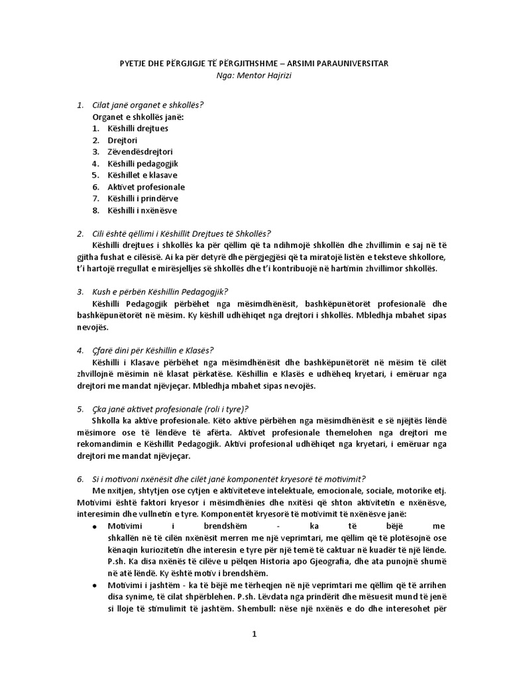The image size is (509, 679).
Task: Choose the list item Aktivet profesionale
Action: pos(146,187)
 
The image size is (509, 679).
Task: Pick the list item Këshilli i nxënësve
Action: pos(143,210)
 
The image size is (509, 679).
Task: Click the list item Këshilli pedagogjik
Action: pos(143,164)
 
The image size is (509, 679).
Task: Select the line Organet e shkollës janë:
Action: pos(138,117)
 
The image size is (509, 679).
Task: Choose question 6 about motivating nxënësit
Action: pos(229,479)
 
